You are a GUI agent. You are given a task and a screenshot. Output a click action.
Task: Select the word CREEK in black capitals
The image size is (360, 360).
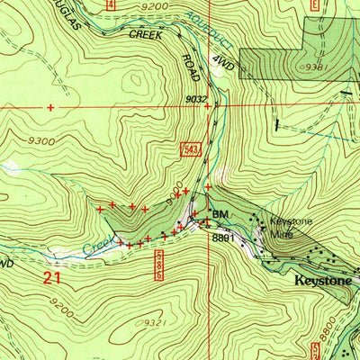[148, 34]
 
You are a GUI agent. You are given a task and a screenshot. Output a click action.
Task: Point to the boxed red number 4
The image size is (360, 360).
[111, 4]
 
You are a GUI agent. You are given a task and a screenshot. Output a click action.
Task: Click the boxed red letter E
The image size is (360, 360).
[315, 4]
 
